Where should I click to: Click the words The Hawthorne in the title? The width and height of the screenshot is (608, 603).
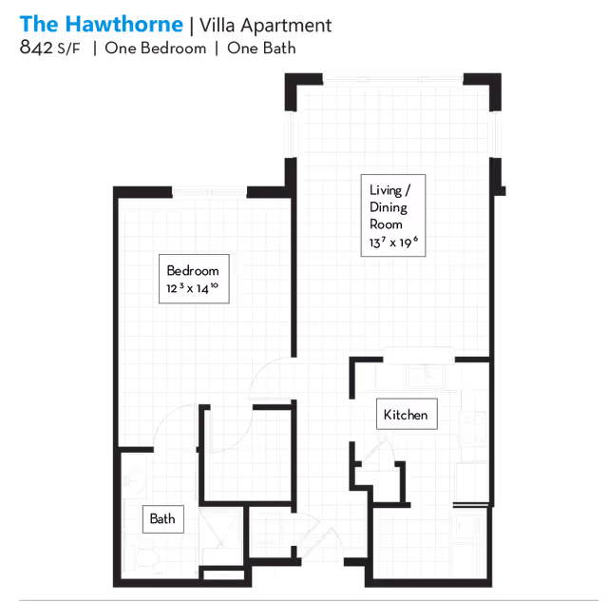point(101,24)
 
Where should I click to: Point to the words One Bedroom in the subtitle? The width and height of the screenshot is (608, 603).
point(155,49)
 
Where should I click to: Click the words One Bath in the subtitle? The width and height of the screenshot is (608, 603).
point(261,49)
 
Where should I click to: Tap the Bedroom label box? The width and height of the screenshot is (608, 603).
point(193,278)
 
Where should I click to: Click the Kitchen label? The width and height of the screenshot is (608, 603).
point(406,415)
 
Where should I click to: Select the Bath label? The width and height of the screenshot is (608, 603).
point(161,518)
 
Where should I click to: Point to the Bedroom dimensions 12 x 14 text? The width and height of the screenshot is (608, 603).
point(193,287)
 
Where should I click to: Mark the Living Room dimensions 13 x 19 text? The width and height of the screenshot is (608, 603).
point(393,244)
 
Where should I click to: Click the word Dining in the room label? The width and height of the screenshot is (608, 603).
point(389,207)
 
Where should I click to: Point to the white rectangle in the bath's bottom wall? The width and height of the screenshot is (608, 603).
point(221,574)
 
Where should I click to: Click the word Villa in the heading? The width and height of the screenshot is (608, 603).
point(223,26)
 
